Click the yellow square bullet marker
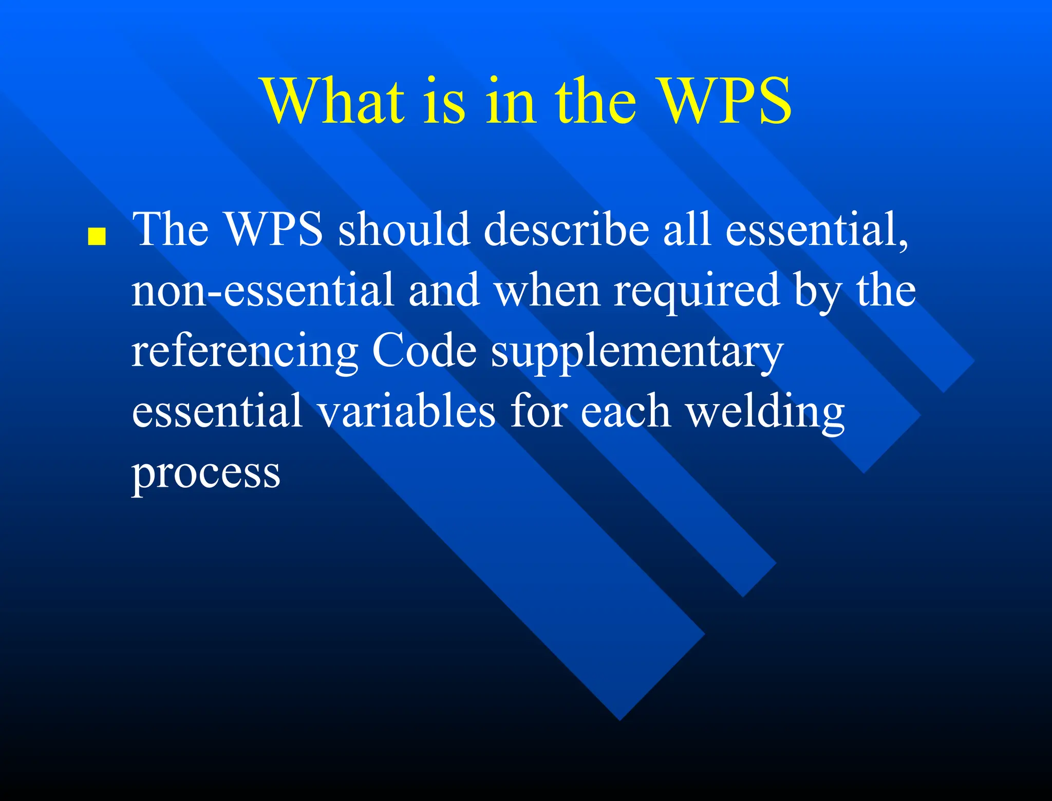coord(97,237)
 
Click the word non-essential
coord(262,290)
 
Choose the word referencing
coord(245,352)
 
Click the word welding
coord(765,412)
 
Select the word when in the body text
coord(547,290)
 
